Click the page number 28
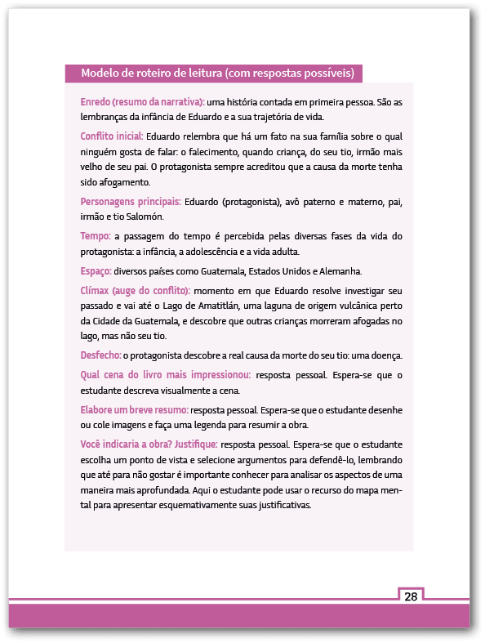click(x=411, y=596)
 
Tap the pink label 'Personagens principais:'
click(x=131, y=201)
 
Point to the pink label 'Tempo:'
click(x=95, y=236)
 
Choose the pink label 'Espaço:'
click(x=96, y=270)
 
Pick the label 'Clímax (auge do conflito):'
click(x=136, y=290)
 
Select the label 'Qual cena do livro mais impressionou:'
click(x=166, y=375)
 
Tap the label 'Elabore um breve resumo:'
click(x=135, y=409)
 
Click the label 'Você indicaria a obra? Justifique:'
click(x=149, y=444)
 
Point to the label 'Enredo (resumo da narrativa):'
click(x=142, y=102)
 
